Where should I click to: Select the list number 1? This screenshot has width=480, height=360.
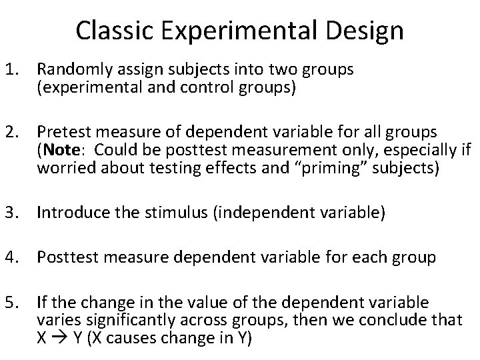(13, 69)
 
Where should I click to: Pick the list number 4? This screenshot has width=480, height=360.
(13, 257)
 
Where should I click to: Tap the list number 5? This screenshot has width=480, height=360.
(13, 301)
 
